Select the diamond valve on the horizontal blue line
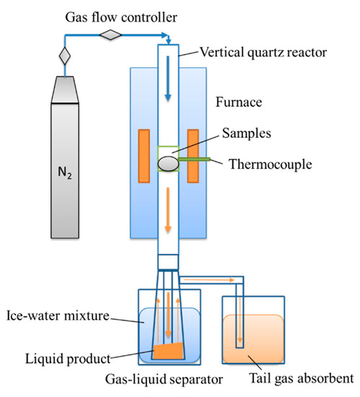tap(112, 34)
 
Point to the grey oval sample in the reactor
tap(168, 163)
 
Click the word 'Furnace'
tap(237, 103)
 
